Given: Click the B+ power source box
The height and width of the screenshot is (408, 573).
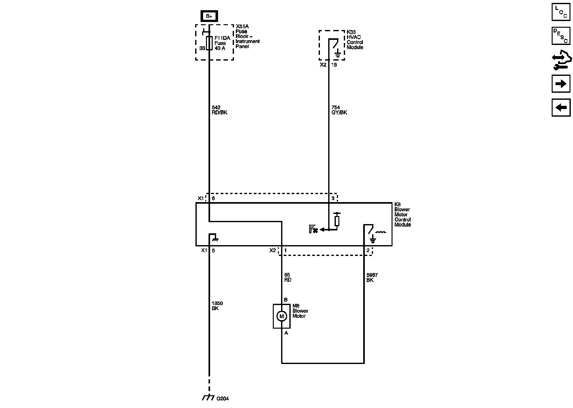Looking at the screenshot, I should tap(209, 16).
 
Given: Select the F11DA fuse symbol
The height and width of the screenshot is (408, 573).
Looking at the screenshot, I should tap(209, 43).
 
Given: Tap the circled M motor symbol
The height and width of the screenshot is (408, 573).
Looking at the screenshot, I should tap(281, 316).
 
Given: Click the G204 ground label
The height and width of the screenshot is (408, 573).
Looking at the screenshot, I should tap(223, 398).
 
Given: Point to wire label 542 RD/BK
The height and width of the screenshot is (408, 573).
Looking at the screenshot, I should tap(219, 110).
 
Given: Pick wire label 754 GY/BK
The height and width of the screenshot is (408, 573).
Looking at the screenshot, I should tap(339, 110).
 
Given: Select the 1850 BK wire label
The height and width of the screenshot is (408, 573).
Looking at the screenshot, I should tap(217, 306).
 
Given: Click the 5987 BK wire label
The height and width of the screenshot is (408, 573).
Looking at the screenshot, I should tap(372, 278).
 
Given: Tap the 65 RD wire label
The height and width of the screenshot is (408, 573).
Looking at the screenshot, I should tap(287, 278).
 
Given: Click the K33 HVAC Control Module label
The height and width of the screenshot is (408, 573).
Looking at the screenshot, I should tap(355, 40).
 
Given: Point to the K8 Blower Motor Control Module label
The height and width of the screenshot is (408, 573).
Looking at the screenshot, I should tap(402, 215).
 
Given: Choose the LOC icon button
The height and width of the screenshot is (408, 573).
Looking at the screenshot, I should tap(561, 12).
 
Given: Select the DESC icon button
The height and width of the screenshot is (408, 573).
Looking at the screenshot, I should tap(561, 35).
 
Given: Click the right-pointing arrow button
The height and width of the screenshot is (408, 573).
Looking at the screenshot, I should tap(561, 84).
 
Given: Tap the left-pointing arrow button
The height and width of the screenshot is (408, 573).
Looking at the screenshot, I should tap(561, 107).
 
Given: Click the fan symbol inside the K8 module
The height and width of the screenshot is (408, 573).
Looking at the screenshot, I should tap(314, 229).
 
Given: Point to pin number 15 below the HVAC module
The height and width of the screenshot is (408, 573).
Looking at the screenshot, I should tap(334, 65).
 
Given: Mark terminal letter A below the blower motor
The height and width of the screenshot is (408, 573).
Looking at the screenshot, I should tap(286, 333).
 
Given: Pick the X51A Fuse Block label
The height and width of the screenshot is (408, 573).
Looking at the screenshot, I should tap(247, 36).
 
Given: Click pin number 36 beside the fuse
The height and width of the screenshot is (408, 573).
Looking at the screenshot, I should tap(202, 48).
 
